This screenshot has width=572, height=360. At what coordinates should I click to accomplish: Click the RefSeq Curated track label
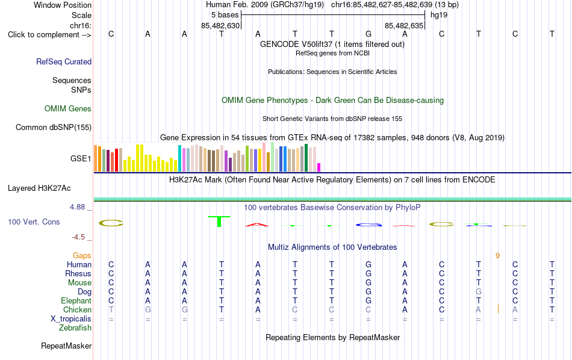click(x=64, y=61)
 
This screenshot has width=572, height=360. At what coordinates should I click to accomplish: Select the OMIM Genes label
click(x=68, y=109)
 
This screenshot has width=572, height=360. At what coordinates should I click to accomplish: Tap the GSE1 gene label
click(x=81, y=158)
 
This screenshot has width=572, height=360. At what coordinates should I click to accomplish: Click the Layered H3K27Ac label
click(x=39, y=188)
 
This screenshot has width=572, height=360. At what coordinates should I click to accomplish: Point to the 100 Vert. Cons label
click(x=34, y=222)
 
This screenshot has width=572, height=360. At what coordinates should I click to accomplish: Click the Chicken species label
click(x=77, y=309)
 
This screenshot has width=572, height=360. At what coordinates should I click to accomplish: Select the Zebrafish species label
click(x=75, y=328)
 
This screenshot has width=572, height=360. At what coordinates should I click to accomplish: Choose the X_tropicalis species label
click(x=71, y=319)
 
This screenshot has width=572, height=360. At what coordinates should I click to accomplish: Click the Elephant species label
click(x=76, y=300)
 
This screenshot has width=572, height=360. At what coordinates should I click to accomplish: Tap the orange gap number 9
click(x=497, y=256)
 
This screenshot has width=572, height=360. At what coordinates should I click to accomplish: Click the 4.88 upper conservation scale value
click(x=77, y=207)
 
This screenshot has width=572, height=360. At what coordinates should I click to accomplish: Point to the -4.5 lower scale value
click(x=78, y=237)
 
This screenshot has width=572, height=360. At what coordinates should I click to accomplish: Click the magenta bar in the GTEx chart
click(x=319, y=167)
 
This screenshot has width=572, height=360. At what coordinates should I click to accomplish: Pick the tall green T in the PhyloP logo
click(x=219, y=222)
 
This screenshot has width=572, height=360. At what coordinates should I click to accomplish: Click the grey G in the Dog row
click(x=479, y=291)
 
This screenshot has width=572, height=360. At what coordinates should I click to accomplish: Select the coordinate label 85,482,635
click(x=404, y=25)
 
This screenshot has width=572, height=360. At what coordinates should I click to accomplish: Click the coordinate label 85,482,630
click(x=220, y=25)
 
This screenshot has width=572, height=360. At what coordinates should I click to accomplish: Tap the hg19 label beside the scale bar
click(x=439, y=15)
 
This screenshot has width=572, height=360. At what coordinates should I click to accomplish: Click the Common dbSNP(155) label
click(x=54, y=127)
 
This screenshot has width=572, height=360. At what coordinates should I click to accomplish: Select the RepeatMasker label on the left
click(x=66, y=346)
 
